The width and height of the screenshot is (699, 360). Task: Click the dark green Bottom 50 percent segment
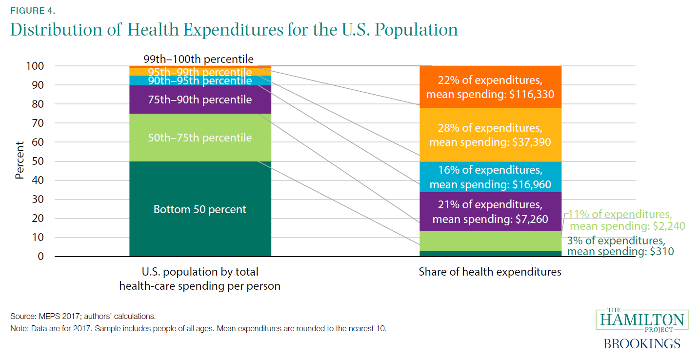click(200, 229)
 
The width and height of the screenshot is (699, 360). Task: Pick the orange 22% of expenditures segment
click(490, 86)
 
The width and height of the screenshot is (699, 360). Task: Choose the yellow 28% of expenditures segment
click(490, 135)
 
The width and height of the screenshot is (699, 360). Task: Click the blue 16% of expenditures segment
click(490, 177)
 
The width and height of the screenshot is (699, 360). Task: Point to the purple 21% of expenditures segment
click(490, 211)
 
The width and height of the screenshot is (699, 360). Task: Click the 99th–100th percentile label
click(199, 60)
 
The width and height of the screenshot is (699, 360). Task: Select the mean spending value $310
click(660, 252)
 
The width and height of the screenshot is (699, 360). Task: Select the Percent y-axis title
click(20, 160)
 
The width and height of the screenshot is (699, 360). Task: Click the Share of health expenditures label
click(490, 272)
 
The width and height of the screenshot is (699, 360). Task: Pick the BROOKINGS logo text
click(642, 343)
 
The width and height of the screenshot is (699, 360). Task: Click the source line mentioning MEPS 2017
click(83, 317)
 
